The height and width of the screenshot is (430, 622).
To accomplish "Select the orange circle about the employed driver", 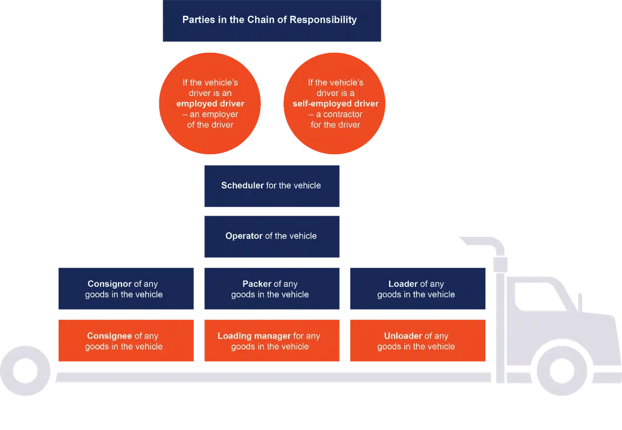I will point(210,103).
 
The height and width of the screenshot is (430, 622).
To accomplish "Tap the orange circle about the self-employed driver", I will point(335,103).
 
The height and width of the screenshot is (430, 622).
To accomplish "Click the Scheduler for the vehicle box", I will point(272,185).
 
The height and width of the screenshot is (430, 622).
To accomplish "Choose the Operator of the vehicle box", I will point(272,236).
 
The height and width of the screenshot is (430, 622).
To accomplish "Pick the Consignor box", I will point(126,289).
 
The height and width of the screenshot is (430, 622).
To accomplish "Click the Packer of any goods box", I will point(272,289).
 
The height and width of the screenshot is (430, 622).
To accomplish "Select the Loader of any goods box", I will point(418,289).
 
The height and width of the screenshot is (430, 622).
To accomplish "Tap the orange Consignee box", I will point(126,341).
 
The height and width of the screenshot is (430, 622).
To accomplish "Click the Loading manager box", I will point(272,341).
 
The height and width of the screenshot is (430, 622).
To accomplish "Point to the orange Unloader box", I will point(418,341).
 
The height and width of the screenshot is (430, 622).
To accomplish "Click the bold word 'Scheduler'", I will point(242,185).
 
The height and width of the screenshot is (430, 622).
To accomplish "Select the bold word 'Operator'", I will point(244,236).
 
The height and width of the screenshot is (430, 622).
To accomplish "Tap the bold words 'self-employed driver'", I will point(335,104).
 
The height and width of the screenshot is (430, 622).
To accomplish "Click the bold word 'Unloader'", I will point(403,336).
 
